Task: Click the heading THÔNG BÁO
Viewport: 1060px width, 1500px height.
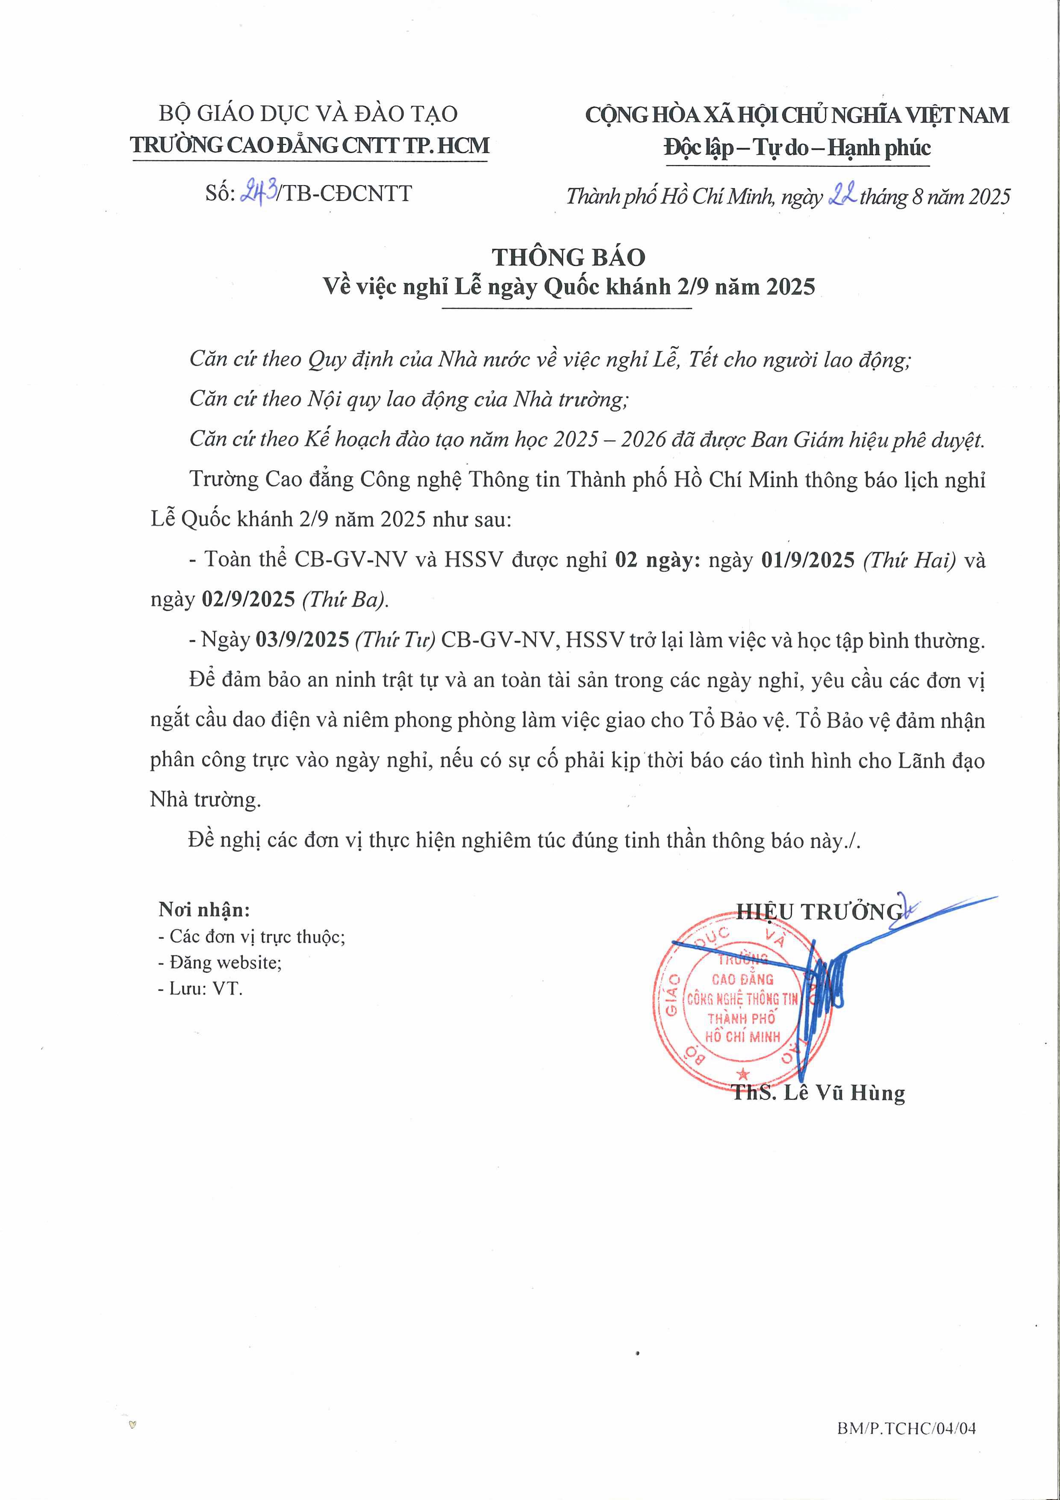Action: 568,257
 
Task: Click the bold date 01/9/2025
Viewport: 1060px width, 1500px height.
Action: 808,560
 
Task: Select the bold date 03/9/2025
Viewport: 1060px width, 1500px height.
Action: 302,639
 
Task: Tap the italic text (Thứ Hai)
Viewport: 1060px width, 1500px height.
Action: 910,560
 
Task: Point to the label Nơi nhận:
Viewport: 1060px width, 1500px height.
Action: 204,909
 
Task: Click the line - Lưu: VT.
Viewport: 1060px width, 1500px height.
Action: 200,988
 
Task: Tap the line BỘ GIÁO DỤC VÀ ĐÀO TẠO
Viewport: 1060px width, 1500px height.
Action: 308,114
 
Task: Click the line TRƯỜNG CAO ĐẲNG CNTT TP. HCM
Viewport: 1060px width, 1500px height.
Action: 309,145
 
